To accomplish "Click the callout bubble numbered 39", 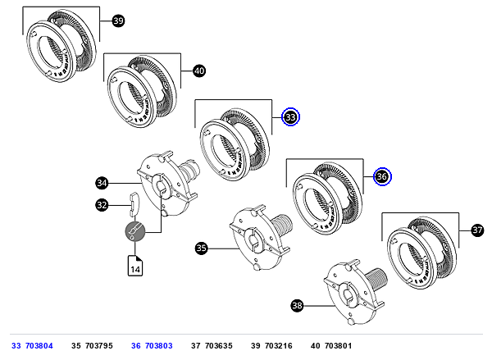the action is tap(118, 21).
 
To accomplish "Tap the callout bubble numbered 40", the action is tap(199, 71).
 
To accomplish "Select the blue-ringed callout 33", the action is tap(291, 117).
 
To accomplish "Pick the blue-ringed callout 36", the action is tap(382, 176).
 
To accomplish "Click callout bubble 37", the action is tap(477, 230).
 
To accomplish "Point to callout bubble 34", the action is tap(102, 183).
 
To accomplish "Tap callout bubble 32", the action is tap(102, 205).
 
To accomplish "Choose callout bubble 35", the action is tap(201, 248).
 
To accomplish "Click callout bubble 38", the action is tap(297, 305).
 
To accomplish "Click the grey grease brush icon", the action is tap(135, 231).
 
